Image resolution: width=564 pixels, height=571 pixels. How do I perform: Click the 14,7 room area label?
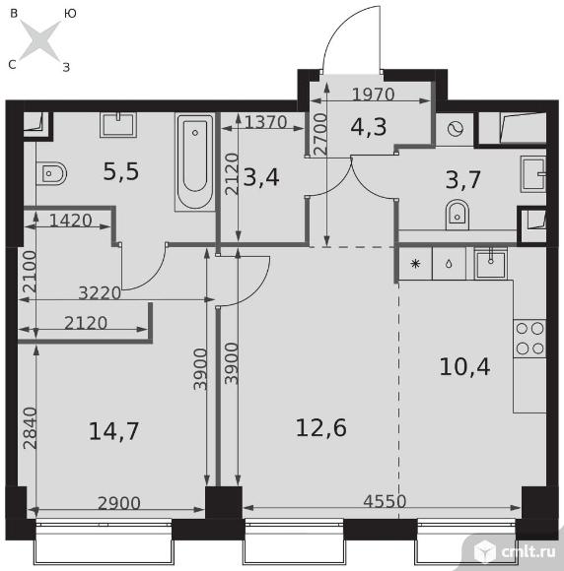[113, 431]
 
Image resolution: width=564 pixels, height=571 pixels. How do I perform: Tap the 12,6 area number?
[321, 427]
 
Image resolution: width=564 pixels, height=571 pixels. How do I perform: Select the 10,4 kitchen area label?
[464, 366]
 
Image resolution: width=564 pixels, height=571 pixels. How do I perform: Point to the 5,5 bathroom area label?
[121, 171]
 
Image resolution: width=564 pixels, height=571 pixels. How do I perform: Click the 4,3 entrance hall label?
[369, 127]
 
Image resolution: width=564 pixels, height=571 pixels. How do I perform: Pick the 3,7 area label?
[463, 179]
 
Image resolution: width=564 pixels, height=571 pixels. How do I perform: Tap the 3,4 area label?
[261, 177]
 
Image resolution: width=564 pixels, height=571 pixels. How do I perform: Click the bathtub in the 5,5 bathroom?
[195, 162]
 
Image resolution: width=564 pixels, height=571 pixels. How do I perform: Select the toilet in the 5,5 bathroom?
[51, 173]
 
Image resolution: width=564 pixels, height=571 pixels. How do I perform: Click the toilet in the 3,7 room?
[458, 215]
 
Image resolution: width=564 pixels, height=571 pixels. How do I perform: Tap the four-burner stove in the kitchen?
[529, 339]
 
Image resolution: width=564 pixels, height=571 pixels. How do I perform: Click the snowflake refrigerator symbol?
[415, 264]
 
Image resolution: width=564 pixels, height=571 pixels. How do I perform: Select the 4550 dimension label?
[385, 501]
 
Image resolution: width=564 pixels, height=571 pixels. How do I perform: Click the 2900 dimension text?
[119, 503]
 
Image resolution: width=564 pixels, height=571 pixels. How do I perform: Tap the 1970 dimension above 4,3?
[374, 95]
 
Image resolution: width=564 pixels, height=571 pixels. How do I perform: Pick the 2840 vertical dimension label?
[30, 428]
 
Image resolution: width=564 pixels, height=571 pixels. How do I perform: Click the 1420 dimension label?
[70, 221]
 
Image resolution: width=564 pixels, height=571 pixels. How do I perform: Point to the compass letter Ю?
[70, 14]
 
